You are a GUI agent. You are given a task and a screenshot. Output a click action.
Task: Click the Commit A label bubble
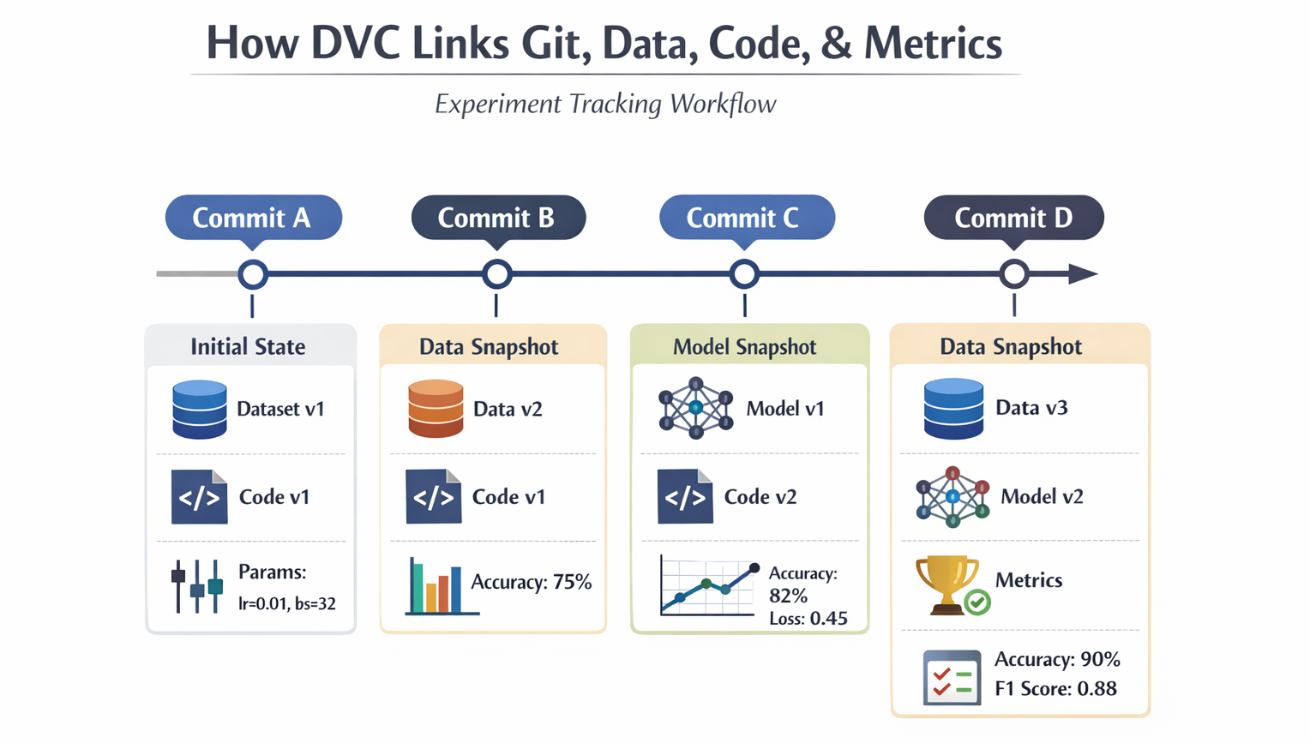[253, 218]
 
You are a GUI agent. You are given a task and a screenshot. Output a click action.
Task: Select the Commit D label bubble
[1013, 218]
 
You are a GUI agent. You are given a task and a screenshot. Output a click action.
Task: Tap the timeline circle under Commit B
[497, 274]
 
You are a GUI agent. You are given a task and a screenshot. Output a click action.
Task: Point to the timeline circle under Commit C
[744, 274]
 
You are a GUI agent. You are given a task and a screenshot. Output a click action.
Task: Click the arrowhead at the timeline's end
[1083, 274]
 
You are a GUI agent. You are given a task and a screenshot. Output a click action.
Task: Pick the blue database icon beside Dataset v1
[200, 410]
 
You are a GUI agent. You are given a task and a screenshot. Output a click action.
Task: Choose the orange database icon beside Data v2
[436, 410]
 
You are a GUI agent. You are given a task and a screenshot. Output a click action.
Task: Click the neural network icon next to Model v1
[695, 409]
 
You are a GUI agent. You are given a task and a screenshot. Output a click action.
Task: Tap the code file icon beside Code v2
[685, 496]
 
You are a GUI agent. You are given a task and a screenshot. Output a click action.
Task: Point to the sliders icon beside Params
[196, 586]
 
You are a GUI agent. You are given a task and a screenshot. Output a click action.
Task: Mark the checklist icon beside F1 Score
[952, 677]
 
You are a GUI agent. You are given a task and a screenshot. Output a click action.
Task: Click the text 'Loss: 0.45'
[808, 619]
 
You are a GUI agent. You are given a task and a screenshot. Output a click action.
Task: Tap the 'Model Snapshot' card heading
[744, 347]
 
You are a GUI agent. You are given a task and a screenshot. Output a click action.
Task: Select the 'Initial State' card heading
[248, 347]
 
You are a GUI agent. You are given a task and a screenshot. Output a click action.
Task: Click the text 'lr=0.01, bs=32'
[286, 604]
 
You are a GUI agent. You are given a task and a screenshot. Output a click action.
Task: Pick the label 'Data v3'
[1031, 408]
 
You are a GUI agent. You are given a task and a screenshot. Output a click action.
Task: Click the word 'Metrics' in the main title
[933, 43]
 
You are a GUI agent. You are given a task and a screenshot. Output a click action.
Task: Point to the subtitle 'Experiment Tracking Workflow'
[605, 105]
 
